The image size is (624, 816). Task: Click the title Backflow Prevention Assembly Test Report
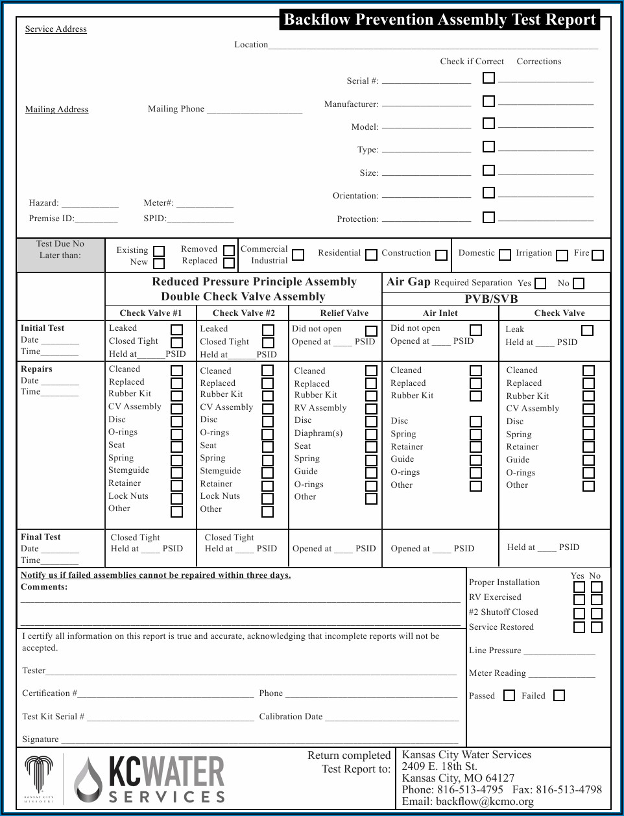[x=440, y=19]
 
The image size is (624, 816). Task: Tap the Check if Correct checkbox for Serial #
[x=488, y=78]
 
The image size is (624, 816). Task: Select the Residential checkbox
[x=371, y=255]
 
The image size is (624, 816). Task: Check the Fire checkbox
[x=597, y=255]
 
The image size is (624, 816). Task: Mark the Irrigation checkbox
[x=562, y=256]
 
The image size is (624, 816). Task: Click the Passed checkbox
[x=509, y=695]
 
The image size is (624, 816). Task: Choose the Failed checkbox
[x=558, y=695]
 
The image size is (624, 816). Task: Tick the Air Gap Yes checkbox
[x=540, y=283]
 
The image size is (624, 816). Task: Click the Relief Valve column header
[x=344, y=313]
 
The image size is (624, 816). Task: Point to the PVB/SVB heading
[x=491, y=299]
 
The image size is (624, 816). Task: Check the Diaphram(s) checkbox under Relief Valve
[x=371, y=434]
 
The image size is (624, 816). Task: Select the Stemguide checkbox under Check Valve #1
[x=176, y=473]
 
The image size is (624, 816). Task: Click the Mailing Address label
[x=56, y=110]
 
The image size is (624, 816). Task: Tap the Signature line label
[x=40, y=739]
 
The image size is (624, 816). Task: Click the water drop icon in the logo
[x=88, y=780]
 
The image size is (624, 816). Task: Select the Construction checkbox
[x=441, y=255]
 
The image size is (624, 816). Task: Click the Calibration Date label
[x=291, y=717]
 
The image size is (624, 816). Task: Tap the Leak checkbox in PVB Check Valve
[x=587, y=330]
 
